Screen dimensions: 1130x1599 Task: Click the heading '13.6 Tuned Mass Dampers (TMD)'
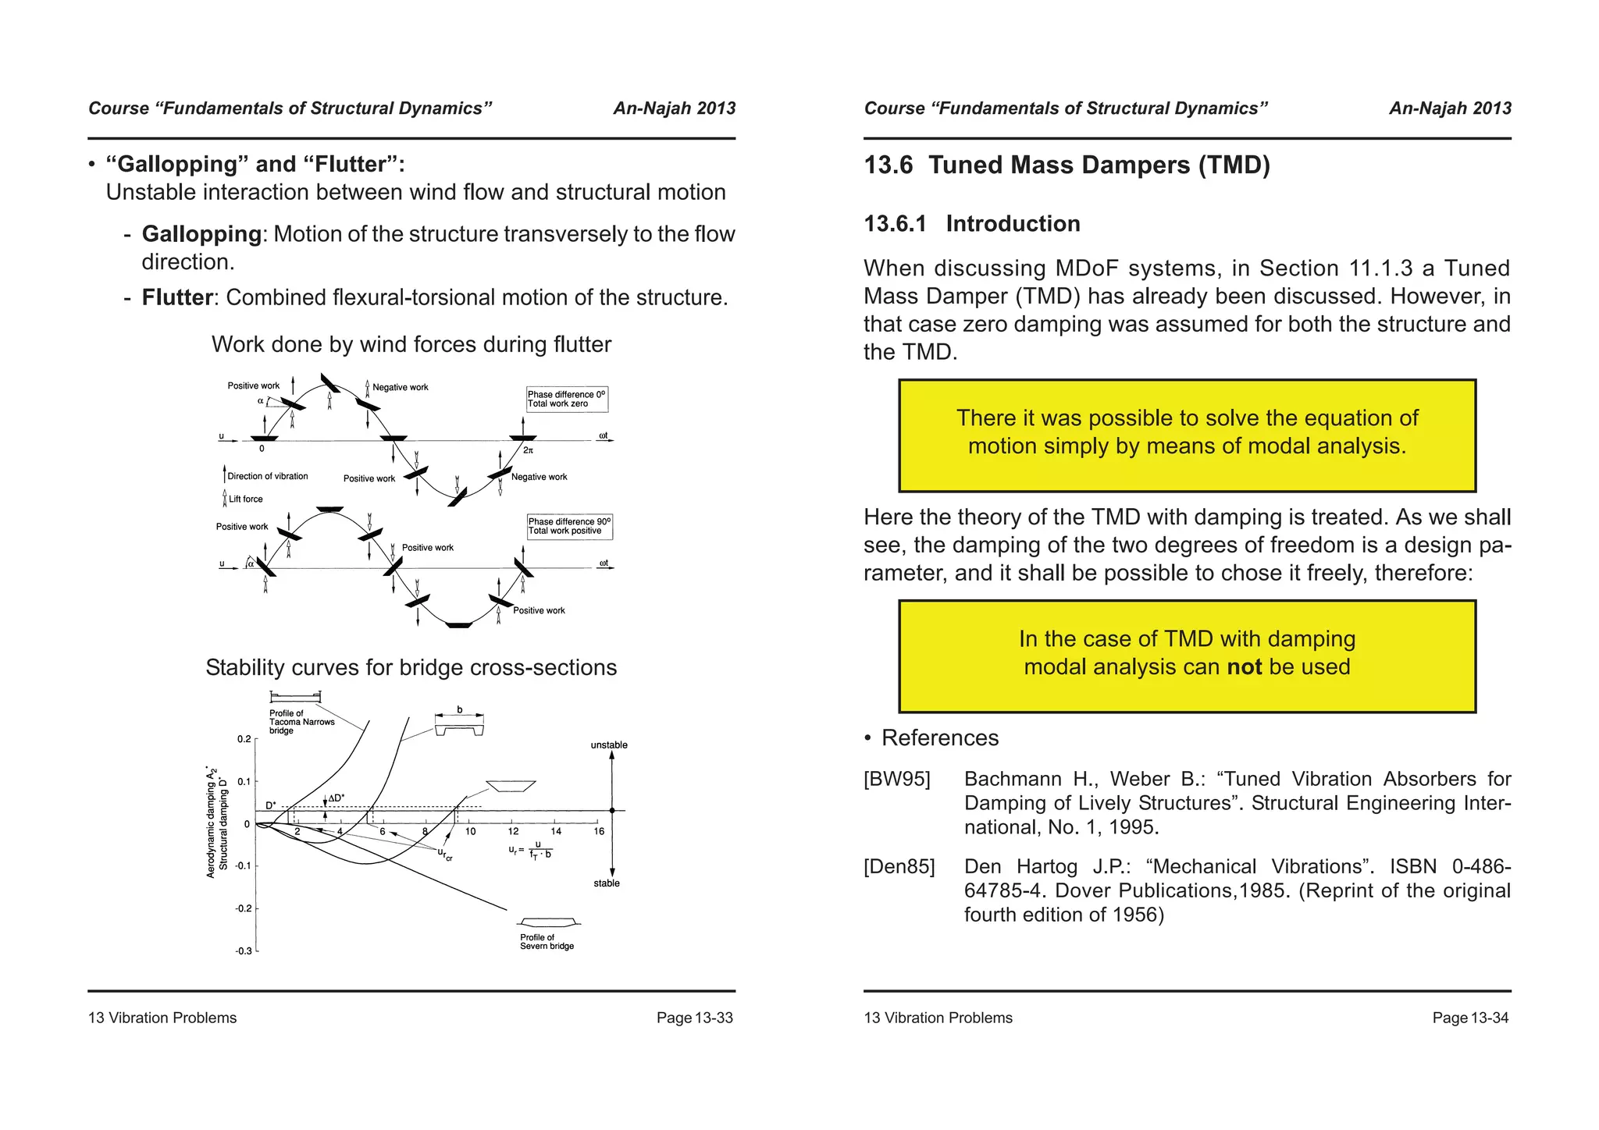(x=1067, y=165)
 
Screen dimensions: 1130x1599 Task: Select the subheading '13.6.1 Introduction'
(x=971, y=224)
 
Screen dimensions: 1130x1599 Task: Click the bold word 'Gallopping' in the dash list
(x=201, y=234)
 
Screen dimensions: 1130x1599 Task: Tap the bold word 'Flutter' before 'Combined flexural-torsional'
(x=177, y=297)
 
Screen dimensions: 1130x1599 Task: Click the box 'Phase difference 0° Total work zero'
(x=566, y=399)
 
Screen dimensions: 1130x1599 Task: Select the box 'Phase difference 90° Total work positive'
(x=569, y=526)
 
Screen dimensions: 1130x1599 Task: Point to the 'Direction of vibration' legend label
(x=267, y=476)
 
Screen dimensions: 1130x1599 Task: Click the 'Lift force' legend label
(x=245, y=499)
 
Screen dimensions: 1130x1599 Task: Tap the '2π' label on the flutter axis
(x=528, y=450)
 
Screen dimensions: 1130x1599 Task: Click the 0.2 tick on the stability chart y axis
(x=244, y=739)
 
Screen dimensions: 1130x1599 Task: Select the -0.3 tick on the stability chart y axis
(x=244, y=951)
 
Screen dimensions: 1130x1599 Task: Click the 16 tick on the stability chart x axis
(x=599, y=832)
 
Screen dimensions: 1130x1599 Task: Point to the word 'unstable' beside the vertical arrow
(x=609, y=745)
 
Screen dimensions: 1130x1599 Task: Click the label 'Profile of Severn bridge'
(x=547, y=942)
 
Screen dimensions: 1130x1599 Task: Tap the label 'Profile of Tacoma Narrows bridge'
(x=301, y=722)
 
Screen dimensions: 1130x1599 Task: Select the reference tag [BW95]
(x=896, y=780)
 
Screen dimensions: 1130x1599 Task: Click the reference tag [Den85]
(x=899, y=867)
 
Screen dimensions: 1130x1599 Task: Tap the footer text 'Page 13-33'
(x=694, y=1018)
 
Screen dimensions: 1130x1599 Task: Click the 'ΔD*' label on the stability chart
(x=336, y=798)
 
